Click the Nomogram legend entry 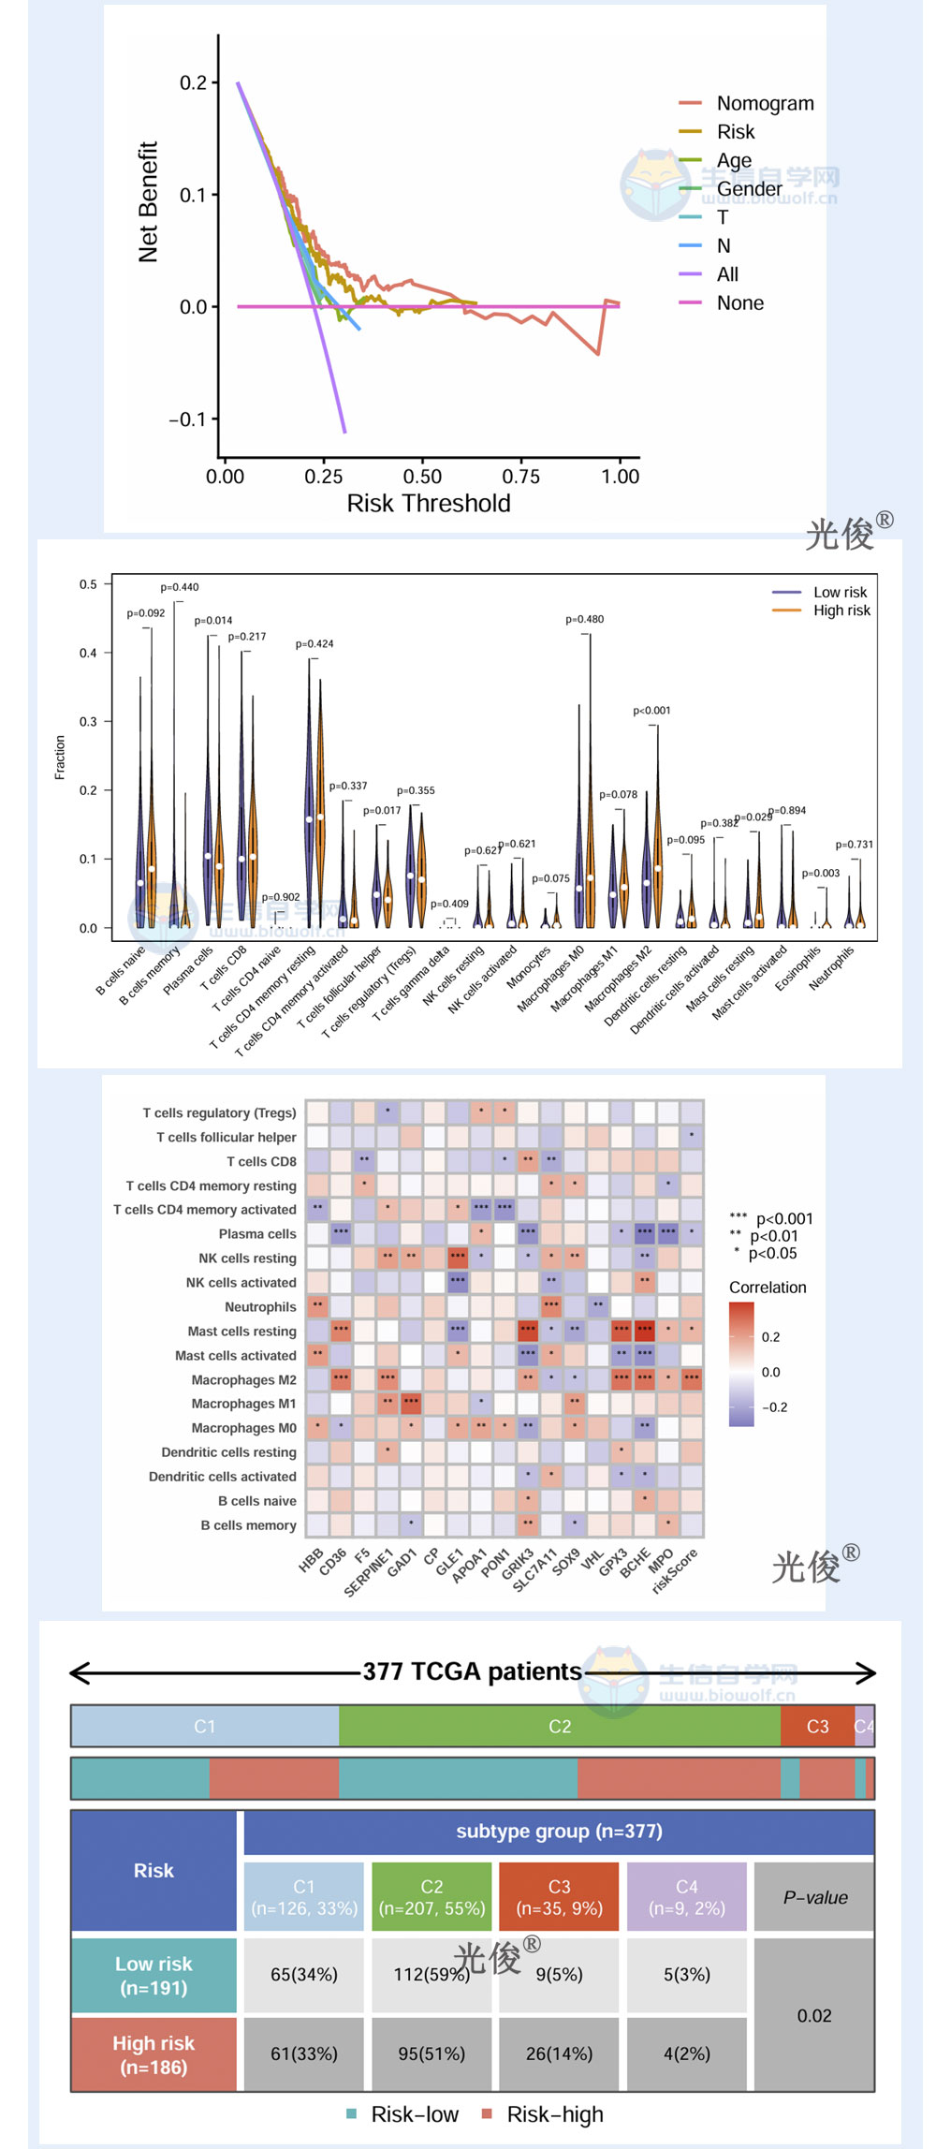[764, 104]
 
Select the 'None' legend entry [739, 303]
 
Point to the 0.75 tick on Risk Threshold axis [520, 477]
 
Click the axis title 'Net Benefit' [148, 202]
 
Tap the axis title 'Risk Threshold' [429, 504]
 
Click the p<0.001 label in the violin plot [651, 711]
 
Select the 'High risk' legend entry [841, 611]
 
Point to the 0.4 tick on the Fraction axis [88, 653]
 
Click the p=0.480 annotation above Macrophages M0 [584, 620]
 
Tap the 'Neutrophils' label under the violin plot [832, 969]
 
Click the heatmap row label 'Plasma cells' [256, 1234]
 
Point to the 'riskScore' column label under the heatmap [676, 1571]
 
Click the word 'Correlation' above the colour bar [768, 1288]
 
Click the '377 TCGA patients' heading [472, 1671]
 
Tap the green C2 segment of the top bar [559, 1726]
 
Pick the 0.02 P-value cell [813, 2015]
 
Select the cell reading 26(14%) [559, 2053]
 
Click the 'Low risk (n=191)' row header [154, 1975]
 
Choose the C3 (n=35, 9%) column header [559, 1897]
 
